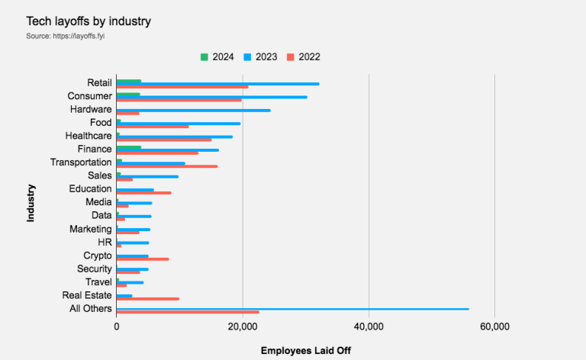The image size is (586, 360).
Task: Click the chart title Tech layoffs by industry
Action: click(x=89, y=21)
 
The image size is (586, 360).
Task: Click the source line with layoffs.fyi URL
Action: click(x=65, y=36)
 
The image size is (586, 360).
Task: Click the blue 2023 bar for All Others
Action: click(x=292, y=309)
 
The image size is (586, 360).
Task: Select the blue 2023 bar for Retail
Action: click(x=217, y=83)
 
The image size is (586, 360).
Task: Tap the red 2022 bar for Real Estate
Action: click(x=147, y=299)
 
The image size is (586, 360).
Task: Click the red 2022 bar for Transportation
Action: click(x=166, y=166)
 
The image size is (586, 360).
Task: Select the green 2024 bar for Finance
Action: click(x=128, y=146)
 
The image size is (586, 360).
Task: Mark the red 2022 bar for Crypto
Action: click(x=142, y=259)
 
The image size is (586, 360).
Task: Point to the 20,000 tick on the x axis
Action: click(x=243, y=326)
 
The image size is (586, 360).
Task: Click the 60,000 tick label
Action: click(x=494, y=326)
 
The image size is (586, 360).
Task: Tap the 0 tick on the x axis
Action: click(x=117, y=326)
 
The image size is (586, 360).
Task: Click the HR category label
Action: click(x=105, y=243)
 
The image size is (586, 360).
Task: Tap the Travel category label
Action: click(x=98, y=282)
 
